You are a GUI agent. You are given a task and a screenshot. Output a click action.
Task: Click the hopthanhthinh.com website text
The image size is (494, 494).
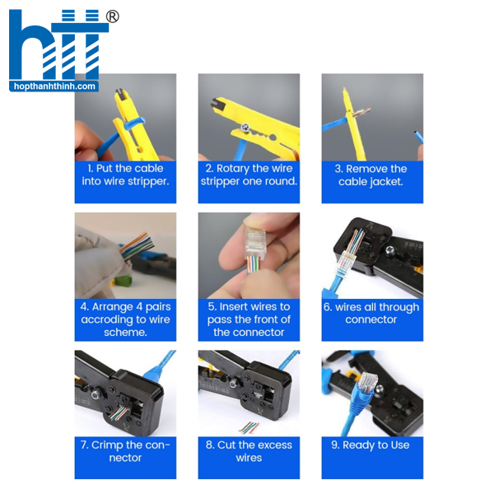point(54,86)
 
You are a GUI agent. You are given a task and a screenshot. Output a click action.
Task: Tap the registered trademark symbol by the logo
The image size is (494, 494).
point(112,16)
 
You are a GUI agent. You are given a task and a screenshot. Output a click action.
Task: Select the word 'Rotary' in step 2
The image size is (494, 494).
point(232,169)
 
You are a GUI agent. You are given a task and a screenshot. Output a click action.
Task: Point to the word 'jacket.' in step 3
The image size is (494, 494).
point(387,182)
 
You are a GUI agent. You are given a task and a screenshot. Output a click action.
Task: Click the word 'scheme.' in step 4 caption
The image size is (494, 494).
point(125,333)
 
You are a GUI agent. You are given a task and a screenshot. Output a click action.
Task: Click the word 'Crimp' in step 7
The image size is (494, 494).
point(106,445)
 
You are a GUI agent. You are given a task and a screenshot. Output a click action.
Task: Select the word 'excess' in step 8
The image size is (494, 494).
point(273,445)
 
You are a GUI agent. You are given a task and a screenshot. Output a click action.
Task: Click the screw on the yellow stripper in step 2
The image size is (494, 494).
point(245,128)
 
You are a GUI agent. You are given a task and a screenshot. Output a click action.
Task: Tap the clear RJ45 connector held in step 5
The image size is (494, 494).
point(255,242)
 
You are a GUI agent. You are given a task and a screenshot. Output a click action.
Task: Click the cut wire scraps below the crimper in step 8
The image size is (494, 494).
point(249,427)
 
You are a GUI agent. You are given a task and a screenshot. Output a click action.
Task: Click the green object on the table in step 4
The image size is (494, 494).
point(123,281)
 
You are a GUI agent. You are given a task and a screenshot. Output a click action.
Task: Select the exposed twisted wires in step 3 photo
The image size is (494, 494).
point(361,112)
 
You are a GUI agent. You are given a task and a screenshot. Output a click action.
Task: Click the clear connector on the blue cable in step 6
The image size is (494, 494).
point(345,261)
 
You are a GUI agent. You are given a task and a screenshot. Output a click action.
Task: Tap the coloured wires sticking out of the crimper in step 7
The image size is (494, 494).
point(119,413)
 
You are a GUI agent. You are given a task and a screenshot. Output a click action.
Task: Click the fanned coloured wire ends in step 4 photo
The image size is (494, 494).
point(137,245)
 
